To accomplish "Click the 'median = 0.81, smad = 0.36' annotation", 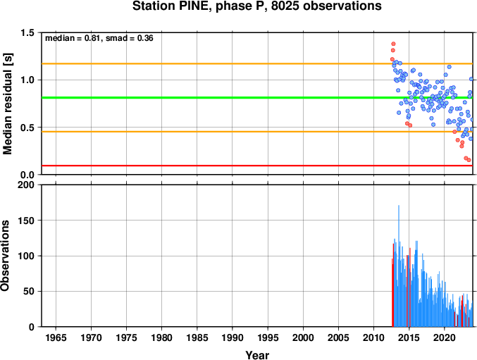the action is tap(99, 38).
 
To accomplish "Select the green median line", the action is tap(257, 98).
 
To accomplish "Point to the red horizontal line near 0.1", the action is tap(257, 166).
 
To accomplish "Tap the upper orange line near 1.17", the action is tap(257, 63).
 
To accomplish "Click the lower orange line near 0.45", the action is tap(257, 132).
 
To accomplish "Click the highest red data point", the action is tap(393, 44).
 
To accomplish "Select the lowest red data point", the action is tap(469, 160).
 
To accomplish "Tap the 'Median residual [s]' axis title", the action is tap(7, 104).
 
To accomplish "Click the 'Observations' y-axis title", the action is tap(5, 256).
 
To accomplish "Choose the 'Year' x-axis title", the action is tap(257, 355).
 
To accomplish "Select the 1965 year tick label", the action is tap(56, 337).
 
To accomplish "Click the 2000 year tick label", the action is tap(303, 337).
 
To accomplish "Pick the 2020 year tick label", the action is tap(445, 337).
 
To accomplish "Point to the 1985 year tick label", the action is tap(197, 337).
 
